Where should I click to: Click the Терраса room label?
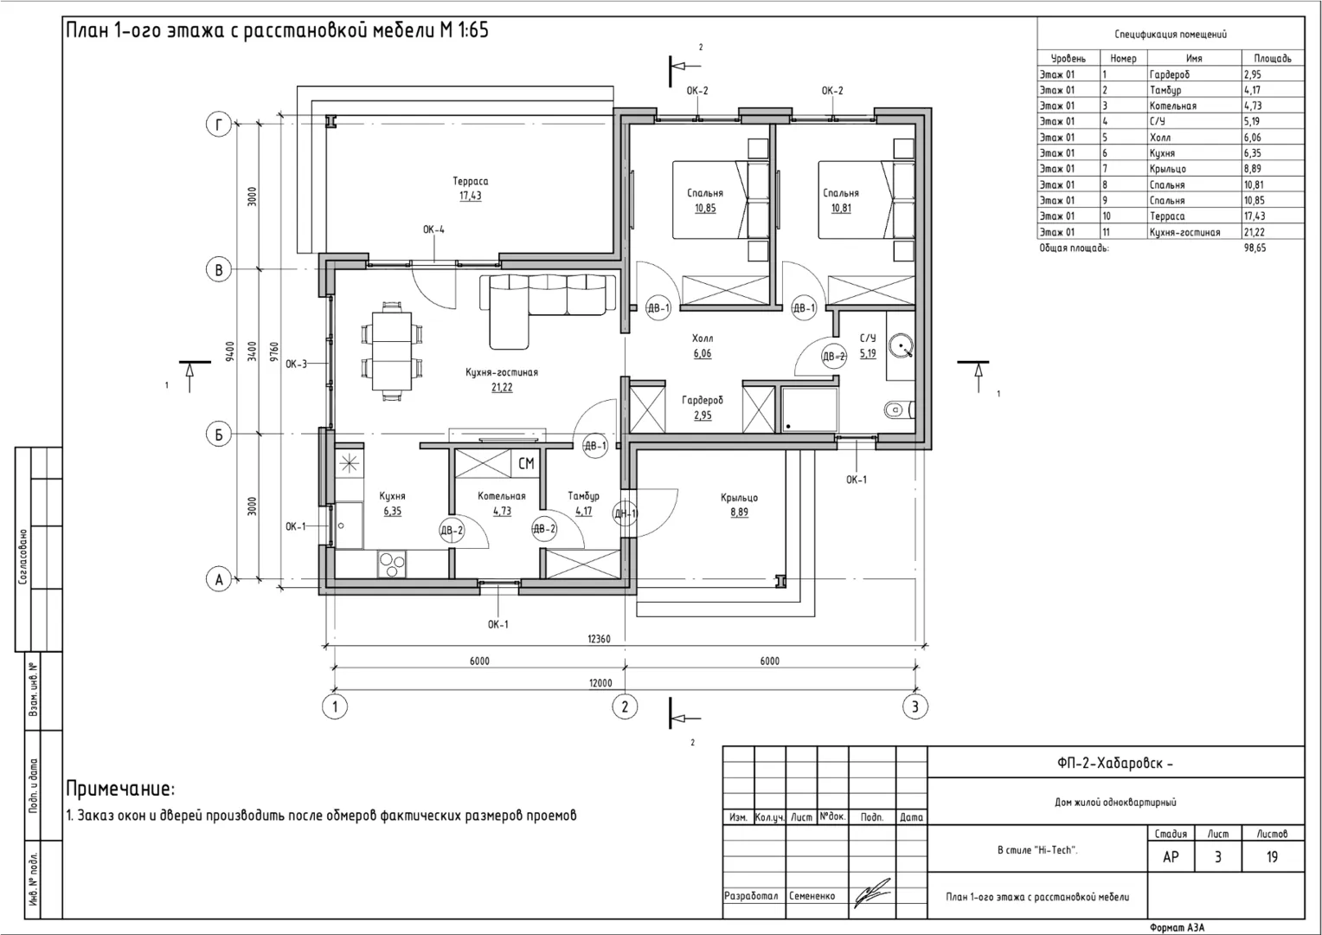pyautogui.click(x=471, y=181)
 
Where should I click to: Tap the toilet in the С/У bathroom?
pyautogui.click(x=899, y=409)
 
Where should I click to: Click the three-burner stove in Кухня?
pyautogui.click(x=392, y=564)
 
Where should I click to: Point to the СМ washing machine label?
pyautogui.click(x=526, y=464)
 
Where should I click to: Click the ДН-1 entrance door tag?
pyautogui.click(x=625, y=513)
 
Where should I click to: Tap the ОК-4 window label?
pyautogui.click(x=433, y=229)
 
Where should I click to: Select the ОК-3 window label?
pyautogui.click(x=296, y=364)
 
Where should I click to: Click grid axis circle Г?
pyautogui.click(x=218, y=125)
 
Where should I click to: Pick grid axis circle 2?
pyautogui.click(x=625, y=706)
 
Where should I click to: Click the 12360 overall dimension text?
pyautogui.click(x=599, y=639)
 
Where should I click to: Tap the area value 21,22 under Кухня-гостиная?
pyautogui.click(x=502, y=388)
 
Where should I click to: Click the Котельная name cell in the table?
pyautogui.click(x=1172, y=106)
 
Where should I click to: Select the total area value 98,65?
pyautogui.click(x=1255, y=248)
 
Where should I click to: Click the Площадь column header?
pyautogui.click(x=1273, y=59)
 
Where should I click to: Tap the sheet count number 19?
pyautogui.click(x=1272, y=856)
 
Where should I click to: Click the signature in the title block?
pyautogui.click(x=872, y=893)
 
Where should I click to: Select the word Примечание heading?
pyautogui.click(x=119, y=789)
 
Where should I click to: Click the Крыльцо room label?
pyautogui.click(x=739, y=498)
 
